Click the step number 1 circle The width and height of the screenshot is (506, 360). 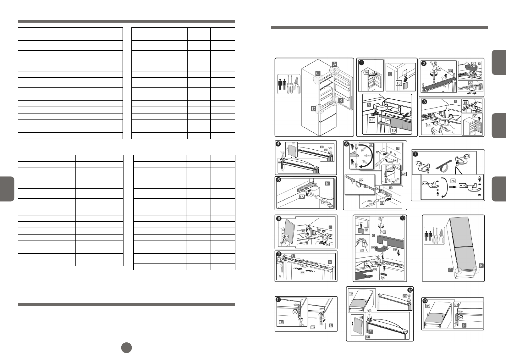click(362, 63)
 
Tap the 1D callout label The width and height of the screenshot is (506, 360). click(393, 130)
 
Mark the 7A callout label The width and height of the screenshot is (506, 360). click(453, 181)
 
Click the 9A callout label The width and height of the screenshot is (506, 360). click(303, 273)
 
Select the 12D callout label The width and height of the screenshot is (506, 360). click(368, 337)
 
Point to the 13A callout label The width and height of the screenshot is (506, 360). click(427, 306)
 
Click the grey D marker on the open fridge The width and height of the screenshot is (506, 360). click(313, 109)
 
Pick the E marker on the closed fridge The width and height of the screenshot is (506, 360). click(481, 266)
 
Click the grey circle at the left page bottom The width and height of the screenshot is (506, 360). click(126, 347)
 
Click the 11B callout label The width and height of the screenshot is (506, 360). click(313, 327)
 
